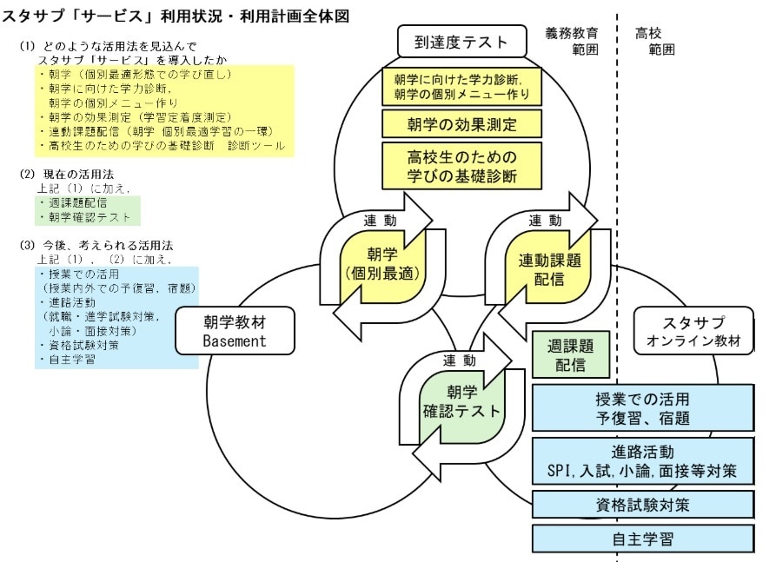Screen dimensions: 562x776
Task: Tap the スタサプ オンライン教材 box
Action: (x=693, y=332)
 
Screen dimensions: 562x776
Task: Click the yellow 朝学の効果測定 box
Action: (x=461, y=123)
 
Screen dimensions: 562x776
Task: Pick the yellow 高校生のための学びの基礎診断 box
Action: (x=461, y=166)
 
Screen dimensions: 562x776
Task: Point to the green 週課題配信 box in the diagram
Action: (x=566, y=356)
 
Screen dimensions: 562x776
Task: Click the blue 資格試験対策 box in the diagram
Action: (x=642, y=505)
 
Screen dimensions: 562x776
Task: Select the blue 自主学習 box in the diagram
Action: (x=642, y=539)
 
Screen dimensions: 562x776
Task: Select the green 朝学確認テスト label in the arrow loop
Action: (x=461, y=401)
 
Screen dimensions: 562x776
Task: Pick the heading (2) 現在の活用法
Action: (x=66, y=174)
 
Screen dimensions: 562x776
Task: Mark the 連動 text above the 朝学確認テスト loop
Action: (x=460, y=360)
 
